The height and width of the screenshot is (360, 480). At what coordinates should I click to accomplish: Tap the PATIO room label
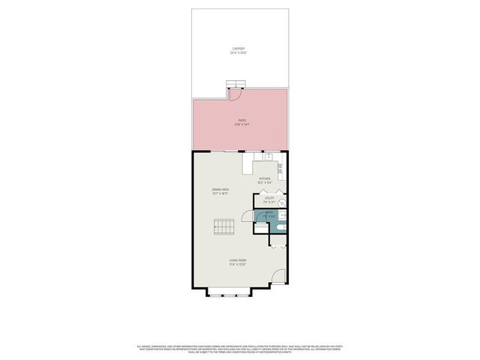point(242,122)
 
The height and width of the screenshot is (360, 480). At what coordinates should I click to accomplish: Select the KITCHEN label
point(264,180)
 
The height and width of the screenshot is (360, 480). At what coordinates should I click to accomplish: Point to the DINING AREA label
point(220,191)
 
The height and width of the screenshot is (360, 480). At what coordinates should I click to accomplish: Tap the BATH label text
point(269,214)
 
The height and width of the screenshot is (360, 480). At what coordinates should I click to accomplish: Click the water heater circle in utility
point(282,202)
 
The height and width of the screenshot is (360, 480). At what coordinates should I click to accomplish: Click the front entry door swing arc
point(277,278)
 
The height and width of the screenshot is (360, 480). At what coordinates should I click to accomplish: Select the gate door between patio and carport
point(234,94)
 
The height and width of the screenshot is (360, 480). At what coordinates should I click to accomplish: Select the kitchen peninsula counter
point(247,163)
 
